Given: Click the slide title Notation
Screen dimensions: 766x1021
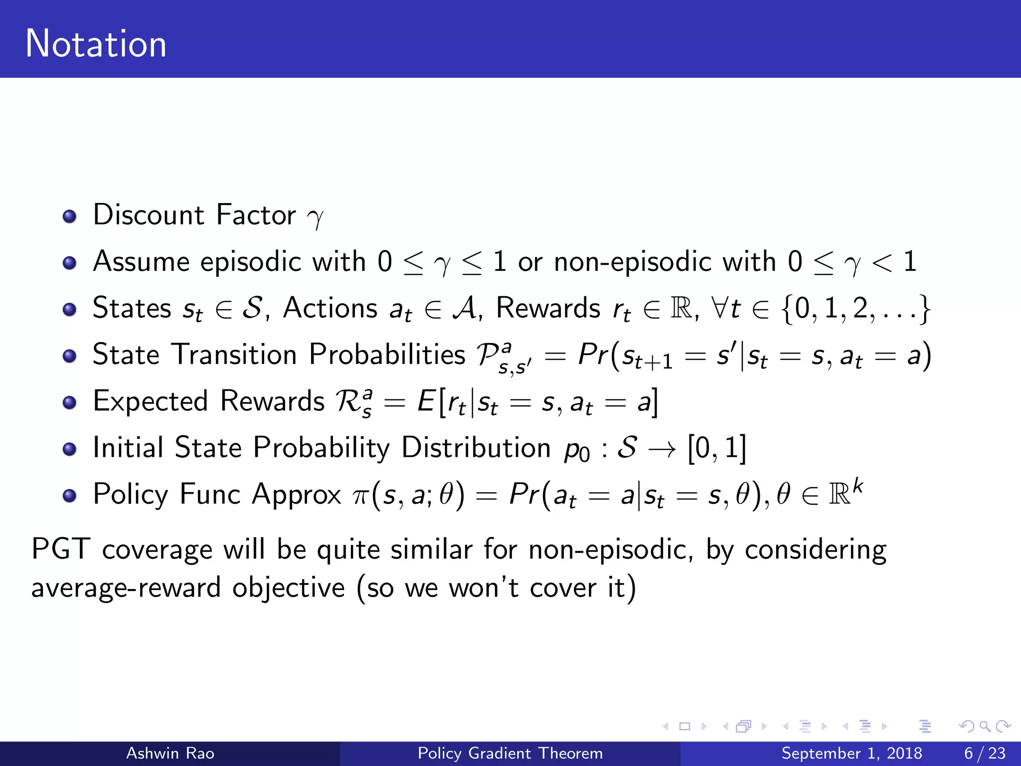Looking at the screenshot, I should pos(96,44).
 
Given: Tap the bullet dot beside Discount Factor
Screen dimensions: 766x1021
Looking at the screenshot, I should pos(70,216).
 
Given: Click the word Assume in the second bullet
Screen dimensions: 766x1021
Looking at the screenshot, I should pos(141,261).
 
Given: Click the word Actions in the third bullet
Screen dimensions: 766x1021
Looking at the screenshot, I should pos(330,308).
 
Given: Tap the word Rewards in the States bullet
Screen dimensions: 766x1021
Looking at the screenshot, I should pos(548,308).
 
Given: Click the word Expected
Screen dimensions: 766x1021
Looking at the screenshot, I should pos(150,401).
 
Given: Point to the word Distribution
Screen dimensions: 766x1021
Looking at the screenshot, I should pos(476,447).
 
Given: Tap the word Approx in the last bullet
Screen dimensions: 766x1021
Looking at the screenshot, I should pos(296,494).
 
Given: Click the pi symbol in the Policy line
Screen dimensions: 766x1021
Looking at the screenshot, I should pos(360,497).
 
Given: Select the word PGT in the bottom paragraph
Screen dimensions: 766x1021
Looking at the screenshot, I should pos(61,550).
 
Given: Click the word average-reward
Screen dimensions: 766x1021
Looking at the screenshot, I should pos(126,587).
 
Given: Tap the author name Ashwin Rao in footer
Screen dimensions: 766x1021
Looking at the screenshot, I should pos(170,753).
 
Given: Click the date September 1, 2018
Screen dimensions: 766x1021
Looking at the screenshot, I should pos(851,753).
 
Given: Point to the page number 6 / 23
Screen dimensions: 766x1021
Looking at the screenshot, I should pos(985,753).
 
